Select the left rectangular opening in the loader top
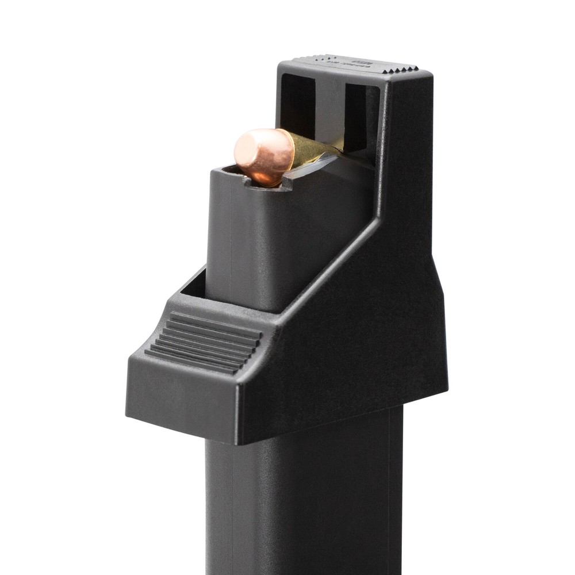pyautogui.click(x=297, y=103)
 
